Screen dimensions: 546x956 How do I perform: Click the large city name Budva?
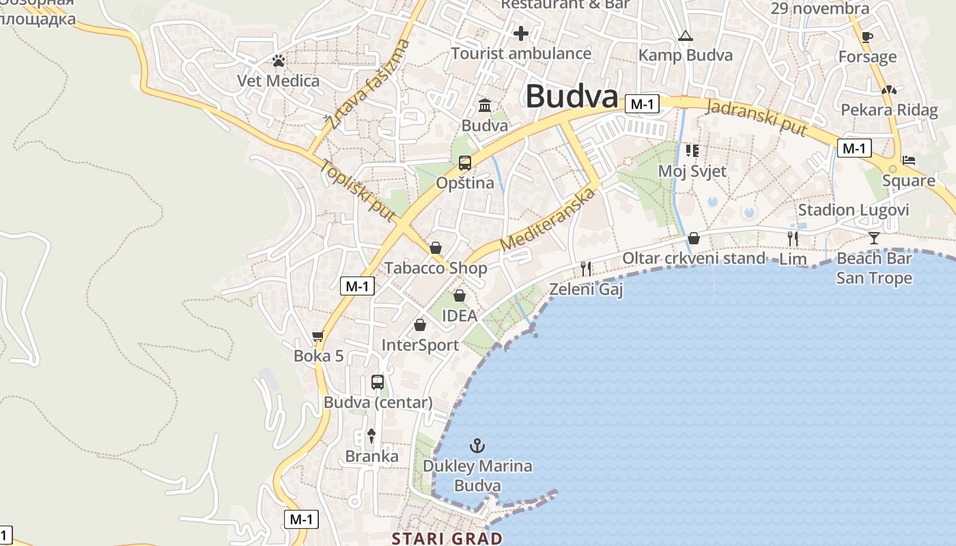(572, 97)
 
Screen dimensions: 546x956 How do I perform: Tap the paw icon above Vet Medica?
(278, 61)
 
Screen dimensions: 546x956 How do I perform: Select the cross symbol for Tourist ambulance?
(521, 33)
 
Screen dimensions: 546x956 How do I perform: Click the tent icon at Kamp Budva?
(685, 35)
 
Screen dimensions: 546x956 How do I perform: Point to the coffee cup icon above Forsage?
(867, 37)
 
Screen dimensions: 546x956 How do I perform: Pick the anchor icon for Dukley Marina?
(477, 446)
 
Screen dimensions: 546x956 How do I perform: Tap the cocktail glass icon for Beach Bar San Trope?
(874, 238)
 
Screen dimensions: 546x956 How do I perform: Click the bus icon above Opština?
(465, 162)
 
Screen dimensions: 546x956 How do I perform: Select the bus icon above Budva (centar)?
(378, 382)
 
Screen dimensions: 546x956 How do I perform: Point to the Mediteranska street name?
(548, 218)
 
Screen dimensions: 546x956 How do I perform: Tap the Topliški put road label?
(358, 190)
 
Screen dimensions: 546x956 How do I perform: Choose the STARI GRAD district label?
(447, 538)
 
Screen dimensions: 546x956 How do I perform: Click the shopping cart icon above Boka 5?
(318, 336)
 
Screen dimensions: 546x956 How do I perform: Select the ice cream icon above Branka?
(371, 435)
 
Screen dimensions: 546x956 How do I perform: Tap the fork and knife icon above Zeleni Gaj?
(585, 268)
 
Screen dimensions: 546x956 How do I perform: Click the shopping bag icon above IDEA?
(460, 296)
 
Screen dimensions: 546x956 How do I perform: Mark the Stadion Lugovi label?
(854, 210)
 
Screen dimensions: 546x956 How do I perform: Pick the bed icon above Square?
(908, 160)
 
